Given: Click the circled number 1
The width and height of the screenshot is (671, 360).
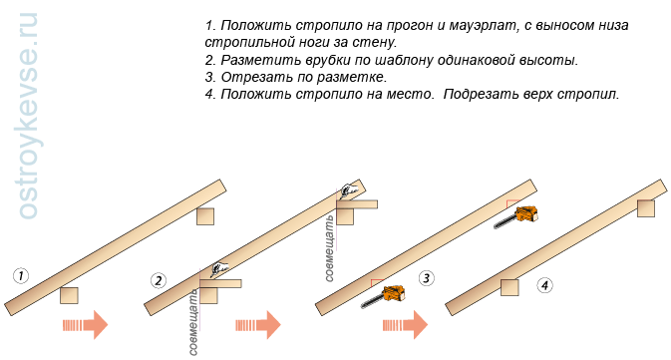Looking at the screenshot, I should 21,275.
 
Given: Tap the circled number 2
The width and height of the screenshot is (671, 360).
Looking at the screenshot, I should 158,280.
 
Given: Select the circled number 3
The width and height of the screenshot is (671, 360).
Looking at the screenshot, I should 426,278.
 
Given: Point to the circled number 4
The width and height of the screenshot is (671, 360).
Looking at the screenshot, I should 543,285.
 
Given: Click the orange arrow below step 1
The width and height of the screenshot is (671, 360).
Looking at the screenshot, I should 85,325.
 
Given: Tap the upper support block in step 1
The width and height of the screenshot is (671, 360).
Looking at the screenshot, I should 205,216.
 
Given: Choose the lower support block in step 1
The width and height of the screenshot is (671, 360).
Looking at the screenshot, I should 69,295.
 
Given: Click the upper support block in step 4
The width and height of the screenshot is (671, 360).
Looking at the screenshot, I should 645,207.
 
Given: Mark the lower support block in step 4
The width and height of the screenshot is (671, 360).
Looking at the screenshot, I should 508,287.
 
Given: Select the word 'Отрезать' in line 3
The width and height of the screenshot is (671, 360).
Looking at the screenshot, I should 243,77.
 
